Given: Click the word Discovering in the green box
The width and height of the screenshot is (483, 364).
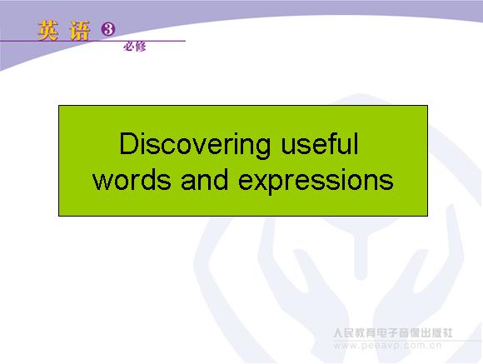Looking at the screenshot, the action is click(x=195, y=145).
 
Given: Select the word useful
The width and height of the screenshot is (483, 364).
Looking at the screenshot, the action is click(x=320, y=143).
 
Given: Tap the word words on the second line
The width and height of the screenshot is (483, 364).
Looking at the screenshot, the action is click(x=132, y=179).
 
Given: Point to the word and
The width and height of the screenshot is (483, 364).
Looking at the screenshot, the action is click(x=205, y=179).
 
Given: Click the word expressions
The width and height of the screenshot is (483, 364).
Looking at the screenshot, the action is click(x=316, y=182).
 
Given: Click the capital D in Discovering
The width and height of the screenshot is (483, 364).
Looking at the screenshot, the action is click(x=128, y=143).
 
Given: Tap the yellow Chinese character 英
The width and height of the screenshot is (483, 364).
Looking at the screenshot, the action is click(x=48, y=31).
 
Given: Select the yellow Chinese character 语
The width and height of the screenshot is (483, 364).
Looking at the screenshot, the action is click(x=79, y=31).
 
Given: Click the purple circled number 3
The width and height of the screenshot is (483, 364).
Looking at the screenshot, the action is click(x=107, y=29).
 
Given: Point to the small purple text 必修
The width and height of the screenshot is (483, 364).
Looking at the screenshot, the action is click(x=135, y=47).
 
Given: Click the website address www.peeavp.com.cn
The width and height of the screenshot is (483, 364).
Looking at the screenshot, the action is click(x=387, y=346).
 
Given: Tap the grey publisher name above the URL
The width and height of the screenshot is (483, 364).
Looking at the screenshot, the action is click(x=393, y=333).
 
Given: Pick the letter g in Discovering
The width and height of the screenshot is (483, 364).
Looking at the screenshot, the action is click(x=262, y=148).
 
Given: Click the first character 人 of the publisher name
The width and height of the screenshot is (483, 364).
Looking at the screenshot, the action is click(x=339, y=333).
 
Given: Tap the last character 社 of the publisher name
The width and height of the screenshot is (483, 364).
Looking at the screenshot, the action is click(x=447, y=333).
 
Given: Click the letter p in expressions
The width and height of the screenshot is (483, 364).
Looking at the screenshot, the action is click(x=281, y=184).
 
